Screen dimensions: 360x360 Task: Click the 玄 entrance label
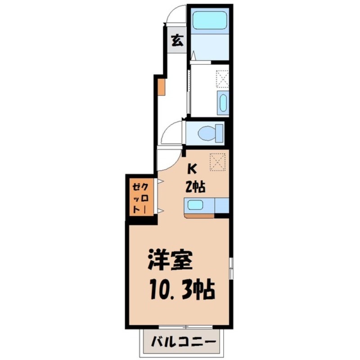click(177, 40)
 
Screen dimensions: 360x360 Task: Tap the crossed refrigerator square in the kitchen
click(218, 162)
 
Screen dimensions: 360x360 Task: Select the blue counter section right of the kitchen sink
click(222, 205)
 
